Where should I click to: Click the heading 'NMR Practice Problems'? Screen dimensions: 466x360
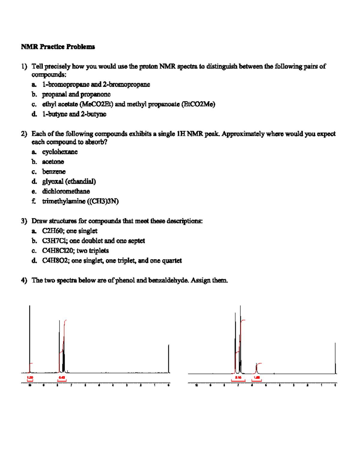(x=58, y=47)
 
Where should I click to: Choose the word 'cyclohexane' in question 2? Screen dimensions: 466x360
(x=60, y=152)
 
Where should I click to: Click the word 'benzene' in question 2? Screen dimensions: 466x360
(x=54, y=172)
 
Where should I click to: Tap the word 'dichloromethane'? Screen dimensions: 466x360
(x=66, y=191)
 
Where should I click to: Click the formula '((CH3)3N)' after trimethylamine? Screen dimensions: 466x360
(x=103, y=201)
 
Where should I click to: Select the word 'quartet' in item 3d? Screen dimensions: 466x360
(x=172, y=260)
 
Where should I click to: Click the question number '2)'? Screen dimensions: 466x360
(x=24, y=134)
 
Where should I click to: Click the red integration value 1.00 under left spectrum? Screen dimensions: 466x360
(x=30, y=377)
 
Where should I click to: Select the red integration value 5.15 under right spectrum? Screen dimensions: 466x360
(x=238, y=377)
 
